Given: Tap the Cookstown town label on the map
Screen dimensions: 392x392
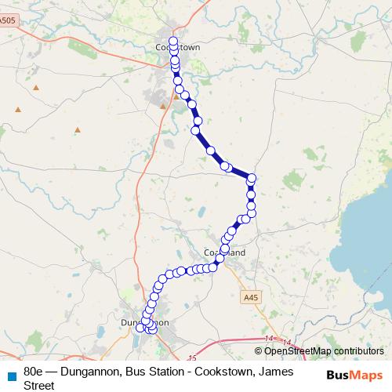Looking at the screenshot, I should point(178,48).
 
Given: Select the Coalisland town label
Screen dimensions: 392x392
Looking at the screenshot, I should point(224,252).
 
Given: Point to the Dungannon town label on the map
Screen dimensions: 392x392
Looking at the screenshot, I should point(145,322).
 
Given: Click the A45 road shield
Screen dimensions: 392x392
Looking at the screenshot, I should point(249,298).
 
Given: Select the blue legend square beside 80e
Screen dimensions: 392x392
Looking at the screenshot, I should point(12,375).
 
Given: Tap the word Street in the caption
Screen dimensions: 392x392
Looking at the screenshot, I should point(39,386).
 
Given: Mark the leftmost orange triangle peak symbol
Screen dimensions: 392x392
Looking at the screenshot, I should point(17,109).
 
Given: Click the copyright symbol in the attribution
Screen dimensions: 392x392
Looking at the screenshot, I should point(259,351).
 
